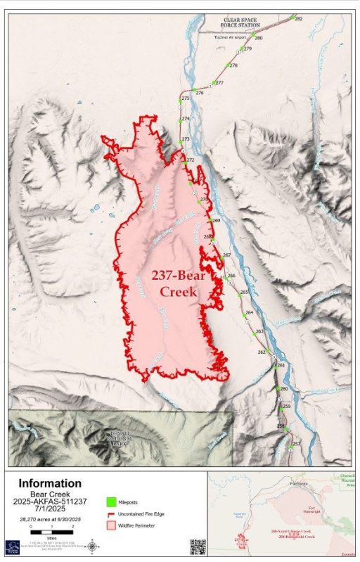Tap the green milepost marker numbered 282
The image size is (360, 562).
[x=292, y=17]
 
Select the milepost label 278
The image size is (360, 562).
[x=233, y=65]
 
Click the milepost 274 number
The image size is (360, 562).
[x=186, y=119]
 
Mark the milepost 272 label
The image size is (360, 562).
[x=190, y=160]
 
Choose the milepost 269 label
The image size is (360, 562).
[x=217, y=221]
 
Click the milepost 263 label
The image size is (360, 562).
[x=259, y=331]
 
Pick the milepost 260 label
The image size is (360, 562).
[x=284, y=389]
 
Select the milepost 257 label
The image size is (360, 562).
[x=296, y=444]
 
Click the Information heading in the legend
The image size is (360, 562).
[x=49, y=483]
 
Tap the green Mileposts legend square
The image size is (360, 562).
[x=111, y=502]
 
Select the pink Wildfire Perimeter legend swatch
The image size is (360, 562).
[x=111, y=525]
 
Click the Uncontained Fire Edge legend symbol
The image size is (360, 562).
[x=111, y=513]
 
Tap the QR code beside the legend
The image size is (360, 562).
[x=198, y=547]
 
